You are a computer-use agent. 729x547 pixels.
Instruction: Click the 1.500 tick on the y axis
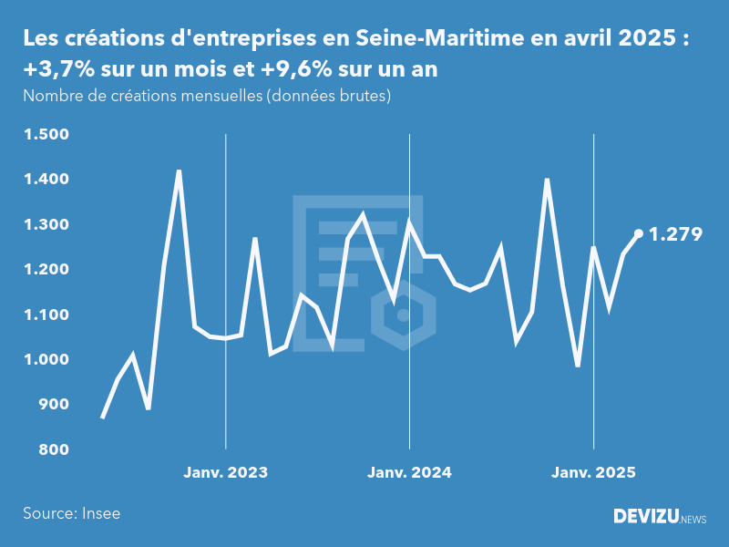45,135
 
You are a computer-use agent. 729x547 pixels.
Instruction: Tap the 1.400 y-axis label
45,180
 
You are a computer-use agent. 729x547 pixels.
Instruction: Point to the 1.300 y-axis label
45,225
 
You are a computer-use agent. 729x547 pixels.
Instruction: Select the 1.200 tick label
45,270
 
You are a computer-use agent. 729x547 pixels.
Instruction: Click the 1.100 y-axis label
45,315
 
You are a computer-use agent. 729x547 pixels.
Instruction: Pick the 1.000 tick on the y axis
45,360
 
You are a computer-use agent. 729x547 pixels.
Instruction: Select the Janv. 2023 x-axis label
225,473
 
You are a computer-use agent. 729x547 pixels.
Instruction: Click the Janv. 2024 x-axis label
409,473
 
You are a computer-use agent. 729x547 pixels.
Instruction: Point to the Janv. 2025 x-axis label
593,473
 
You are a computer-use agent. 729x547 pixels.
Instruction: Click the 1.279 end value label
675,235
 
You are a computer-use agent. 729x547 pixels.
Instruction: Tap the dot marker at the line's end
639,233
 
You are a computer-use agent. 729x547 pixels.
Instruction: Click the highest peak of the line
179,171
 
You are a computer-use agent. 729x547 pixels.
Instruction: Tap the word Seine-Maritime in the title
425,39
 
